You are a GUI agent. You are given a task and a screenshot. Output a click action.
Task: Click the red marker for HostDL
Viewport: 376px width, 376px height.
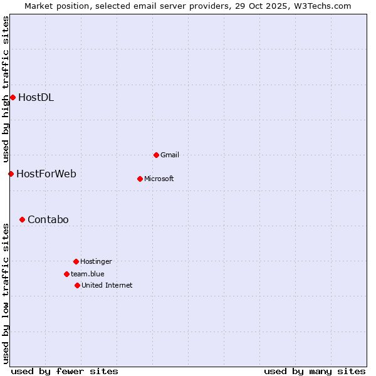pyautogui.click(x=13, y=97)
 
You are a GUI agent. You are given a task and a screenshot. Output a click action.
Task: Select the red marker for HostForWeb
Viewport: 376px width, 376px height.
pyautogui.click(x=11, y=174)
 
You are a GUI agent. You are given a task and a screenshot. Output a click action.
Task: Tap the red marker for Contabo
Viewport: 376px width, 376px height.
pyautogui.click(x=22, y=219)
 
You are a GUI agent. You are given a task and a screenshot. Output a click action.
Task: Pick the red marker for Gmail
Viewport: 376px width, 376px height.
pyautogui.click(x=156, y=155)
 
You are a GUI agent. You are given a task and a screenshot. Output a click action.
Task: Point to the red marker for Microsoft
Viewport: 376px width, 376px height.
pyautogui.click(x=140, y=179)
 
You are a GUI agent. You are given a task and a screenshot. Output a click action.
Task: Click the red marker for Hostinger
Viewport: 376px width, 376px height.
pyautogui.click(x=76, y=261)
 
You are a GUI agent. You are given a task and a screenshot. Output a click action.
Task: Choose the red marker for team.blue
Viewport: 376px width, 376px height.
pyautogui.click(x=66, y=274)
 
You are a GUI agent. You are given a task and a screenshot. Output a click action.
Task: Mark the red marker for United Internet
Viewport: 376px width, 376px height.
pyautogui.click(x=77, y=285)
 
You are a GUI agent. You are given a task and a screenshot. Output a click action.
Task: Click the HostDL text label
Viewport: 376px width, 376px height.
pyautogui.click(x=36, y=97)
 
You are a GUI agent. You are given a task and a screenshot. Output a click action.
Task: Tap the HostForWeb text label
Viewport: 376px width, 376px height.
pyautogui.click(x=46, y=174)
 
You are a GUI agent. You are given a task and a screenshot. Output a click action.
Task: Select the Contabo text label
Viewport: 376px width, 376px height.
pyautogui.click(x=48, y=219)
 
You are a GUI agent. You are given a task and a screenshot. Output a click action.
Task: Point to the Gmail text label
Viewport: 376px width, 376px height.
pyautogui.click(x=170, y=155)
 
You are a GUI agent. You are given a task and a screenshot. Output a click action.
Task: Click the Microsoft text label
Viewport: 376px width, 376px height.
pyautogui.click(x=159, y=179)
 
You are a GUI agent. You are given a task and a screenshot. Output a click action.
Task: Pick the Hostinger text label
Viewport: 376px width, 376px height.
pyautogui.click(x=96, y=261)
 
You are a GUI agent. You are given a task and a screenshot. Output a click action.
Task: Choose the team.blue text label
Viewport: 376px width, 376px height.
pyautogui.click(x=88, y=274)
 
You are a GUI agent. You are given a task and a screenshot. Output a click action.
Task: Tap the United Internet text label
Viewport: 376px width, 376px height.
pyautogui.click(x=107, y=285)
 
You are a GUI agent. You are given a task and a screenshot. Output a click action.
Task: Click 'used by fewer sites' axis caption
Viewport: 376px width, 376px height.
pyautogui.click(x=65, y=371)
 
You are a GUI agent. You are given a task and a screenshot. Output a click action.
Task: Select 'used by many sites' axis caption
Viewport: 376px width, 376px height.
pyautogui.click(x=315, y=371)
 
